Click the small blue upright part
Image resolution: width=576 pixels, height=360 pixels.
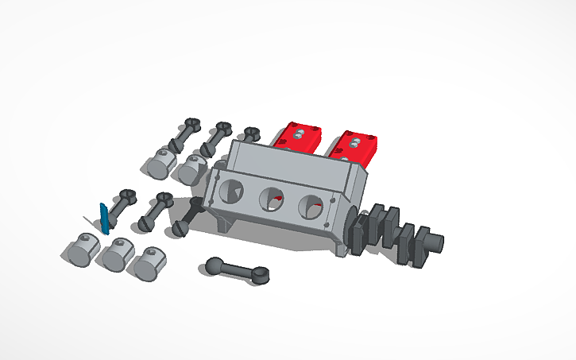click(x=103, y=218)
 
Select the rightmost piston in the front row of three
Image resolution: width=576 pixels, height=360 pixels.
click(x=148, y=262)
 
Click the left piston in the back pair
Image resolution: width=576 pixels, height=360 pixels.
click(x=160, y=164)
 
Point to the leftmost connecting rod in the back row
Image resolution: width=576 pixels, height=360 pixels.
click(x=183, y=135)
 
